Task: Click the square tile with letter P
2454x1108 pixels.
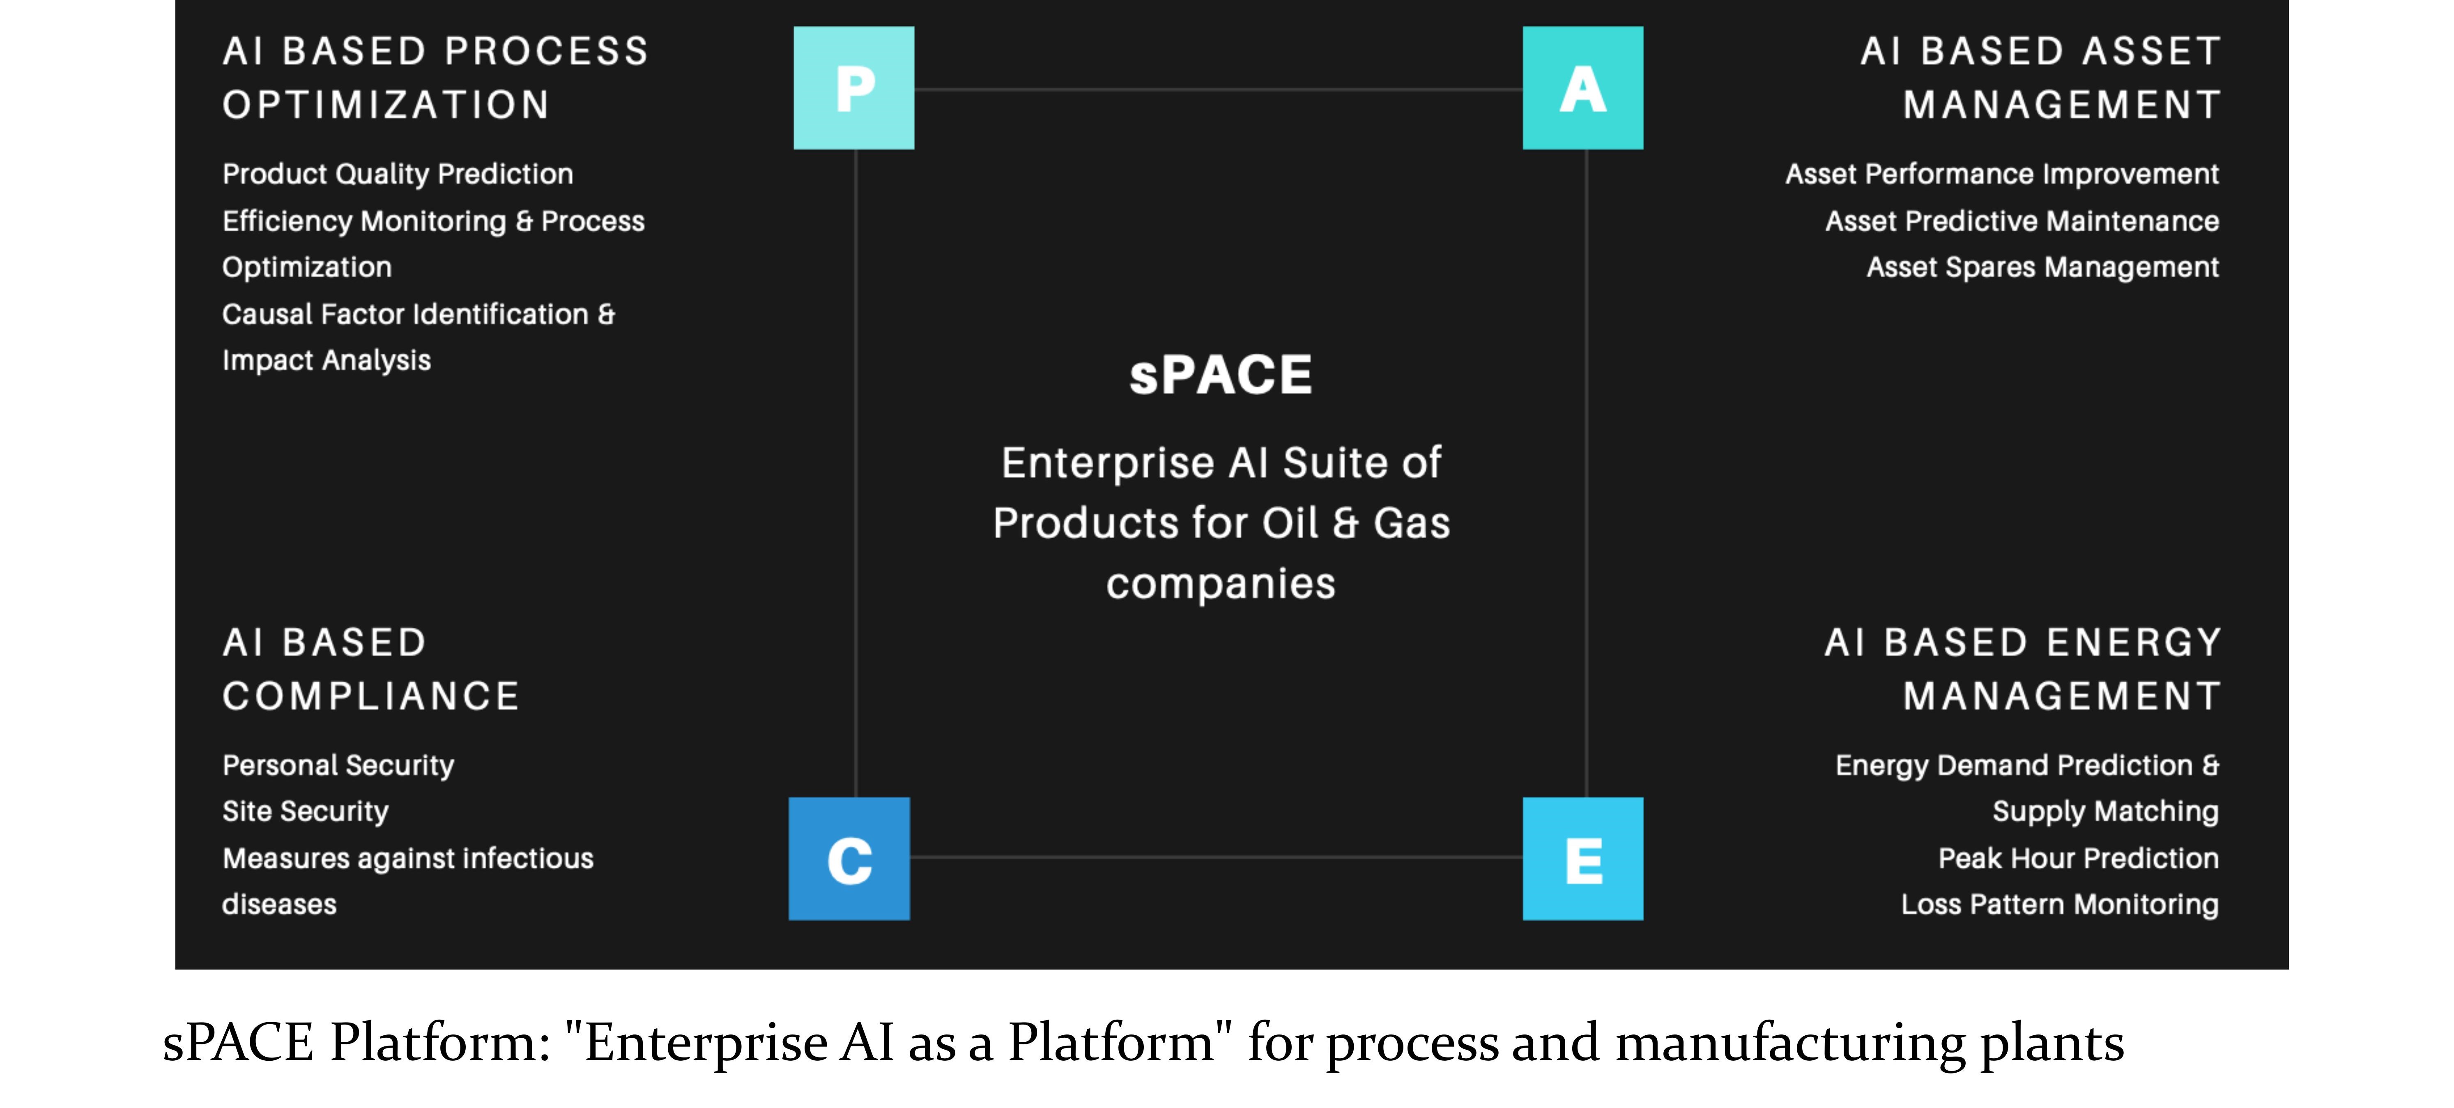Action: [853, 88]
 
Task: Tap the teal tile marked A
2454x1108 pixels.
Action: [1582, 88]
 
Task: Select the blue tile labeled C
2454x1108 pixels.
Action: [849, 858]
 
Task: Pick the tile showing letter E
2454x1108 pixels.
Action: [1582, 858]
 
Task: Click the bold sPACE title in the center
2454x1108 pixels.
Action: [1220, 374]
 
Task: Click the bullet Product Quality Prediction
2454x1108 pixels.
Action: [397, 174]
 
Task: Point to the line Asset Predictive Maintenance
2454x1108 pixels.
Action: [2022, 221]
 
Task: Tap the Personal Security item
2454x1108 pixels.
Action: [338, 765]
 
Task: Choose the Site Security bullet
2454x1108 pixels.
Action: [305, 812]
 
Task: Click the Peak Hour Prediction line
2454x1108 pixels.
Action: [2079, 858]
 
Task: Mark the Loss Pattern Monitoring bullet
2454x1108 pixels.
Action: [2060, 904]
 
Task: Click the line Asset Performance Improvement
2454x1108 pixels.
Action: [2001, 174]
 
